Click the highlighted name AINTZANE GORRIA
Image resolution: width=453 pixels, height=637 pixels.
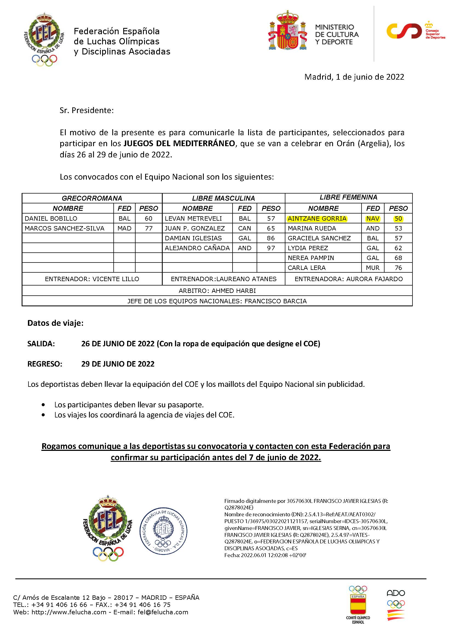[x=317, y=218]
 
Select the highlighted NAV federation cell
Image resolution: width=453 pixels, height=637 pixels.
[x=373, y=218]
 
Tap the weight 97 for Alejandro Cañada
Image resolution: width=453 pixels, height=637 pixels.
[x=271, y=248]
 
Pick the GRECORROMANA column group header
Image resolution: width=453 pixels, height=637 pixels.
[x=92, y=198]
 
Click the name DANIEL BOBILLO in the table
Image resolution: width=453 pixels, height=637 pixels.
[x=51, y=218]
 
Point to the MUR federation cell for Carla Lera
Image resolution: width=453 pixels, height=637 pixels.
[x=373, y=268]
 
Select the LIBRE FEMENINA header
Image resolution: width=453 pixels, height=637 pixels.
[x=348, y=197]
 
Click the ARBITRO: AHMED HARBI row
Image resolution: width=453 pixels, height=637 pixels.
[x=217, y=291]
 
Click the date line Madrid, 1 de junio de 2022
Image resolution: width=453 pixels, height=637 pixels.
[x=354, y=77]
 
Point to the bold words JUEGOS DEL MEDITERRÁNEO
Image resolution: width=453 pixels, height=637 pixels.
[x=179, y=143]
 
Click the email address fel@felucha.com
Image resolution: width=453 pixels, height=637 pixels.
[x=163, y=612]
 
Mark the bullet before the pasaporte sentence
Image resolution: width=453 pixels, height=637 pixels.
[x=43, y=405]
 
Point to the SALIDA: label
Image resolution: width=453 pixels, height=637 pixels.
[x=41, y=344]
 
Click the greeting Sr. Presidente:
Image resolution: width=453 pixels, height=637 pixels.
[x=87, y=110]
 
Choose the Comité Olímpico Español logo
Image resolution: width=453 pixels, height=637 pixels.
[x=358, y=604]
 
